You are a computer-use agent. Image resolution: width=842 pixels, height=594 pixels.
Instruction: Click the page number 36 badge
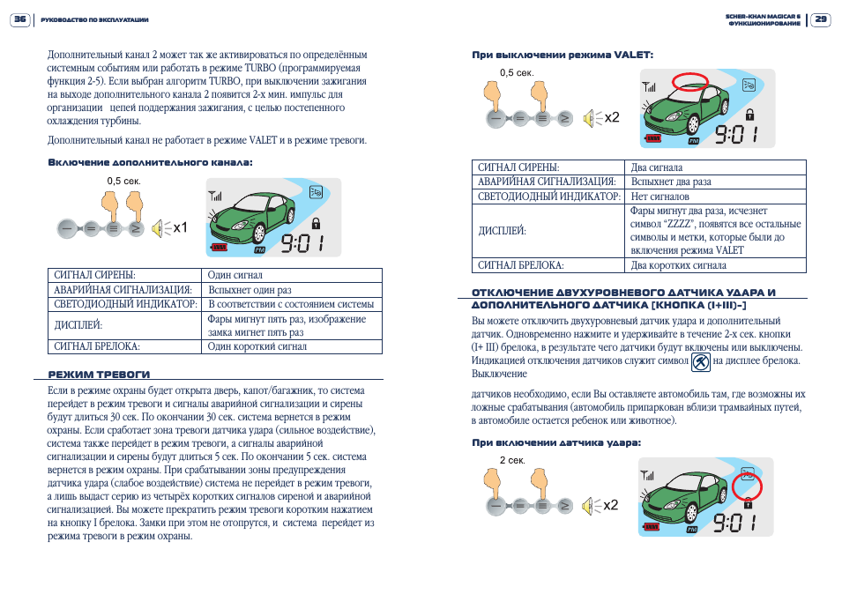click(x=20, y=19)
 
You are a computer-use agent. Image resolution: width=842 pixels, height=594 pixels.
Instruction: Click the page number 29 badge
click(x=820, y=19)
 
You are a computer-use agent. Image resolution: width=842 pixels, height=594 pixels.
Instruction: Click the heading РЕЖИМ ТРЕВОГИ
click(x=99, y=374)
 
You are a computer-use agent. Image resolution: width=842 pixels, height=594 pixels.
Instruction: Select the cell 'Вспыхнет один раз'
click(x=250, y=289)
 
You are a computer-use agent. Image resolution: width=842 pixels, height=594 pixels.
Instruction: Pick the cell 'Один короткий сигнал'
click(x=257, y=346)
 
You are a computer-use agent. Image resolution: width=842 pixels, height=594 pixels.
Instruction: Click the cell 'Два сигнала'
click(x=657, y=167)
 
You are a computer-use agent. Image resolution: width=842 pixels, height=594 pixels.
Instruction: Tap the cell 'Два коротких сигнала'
click(x=679, y=264)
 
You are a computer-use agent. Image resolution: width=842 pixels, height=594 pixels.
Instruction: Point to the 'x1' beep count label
click(x=181, y=228)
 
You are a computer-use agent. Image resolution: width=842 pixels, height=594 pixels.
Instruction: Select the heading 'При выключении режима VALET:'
click(x=563, y=55)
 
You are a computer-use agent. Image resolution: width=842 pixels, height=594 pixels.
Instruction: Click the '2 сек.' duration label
click(x=512, y=460)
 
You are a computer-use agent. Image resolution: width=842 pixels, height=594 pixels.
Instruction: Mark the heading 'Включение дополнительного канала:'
click(x=150, y=162)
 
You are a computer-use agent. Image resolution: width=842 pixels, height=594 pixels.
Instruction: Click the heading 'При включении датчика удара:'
click(x=556, y=442)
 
